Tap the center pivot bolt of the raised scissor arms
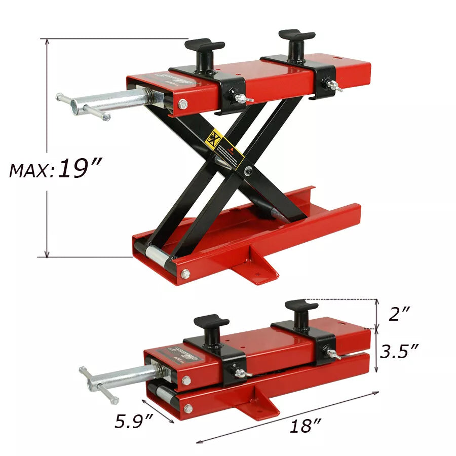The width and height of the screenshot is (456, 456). tap(248, 171)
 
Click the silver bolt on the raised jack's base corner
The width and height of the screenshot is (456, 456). tap(185, 274)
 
